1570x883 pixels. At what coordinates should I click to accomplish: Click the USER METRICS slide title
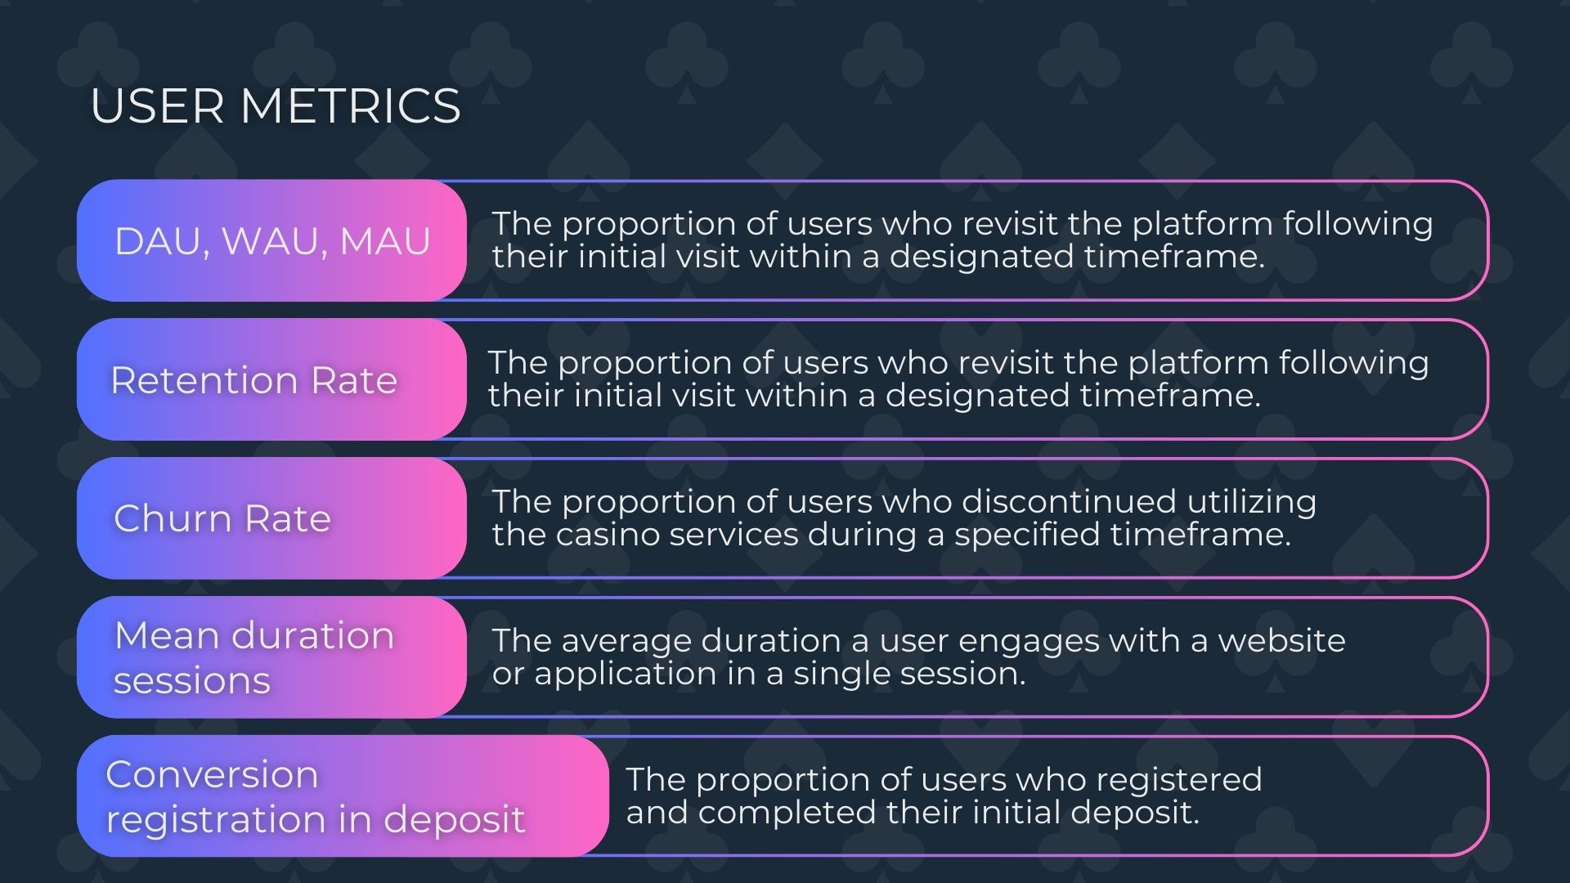click(x=276, y=106)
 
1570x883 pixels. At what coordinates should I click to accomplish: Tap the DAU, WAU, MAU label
click(x=272, y=241)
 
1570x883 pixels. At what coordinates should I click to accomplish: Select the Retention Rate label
click(x=253, y=380)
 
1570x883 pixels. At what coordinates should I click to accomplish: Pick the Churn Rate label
click(x=222, y=518)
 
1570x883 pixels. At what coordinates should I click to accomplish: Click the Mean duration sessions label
click(x=253, y=658)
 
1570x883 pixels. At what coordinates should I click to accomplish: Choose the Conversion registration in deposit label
click(x=315, y=797)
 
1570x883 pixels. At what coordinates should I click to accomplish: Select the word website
click(x=1281, y=641)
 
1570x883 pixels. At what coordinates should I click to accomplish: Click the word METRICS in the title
click(x=350, y=106)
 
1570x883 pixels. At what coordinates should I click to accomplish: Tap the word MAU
click(x=384, y=241)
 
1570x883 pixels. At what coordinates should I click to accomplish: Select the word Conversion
click(x=212, y=774)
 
